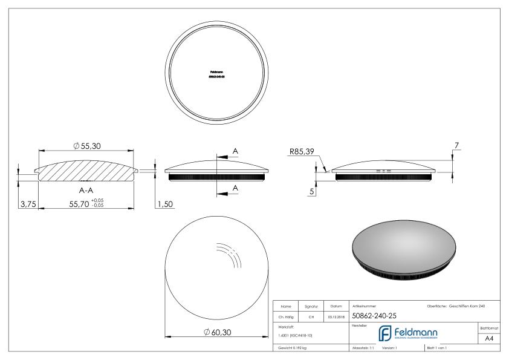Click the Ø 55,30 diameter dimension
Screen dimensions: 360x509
pos(86,146)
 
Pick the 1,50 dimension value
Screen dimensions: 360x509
pos(165,205)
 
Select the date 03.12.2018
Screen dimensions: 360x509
pos(336,316)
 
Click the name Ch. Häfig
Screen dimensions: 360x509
pos(287,316)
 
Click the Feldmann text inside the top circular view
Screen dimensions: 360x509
pos(215,72)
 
